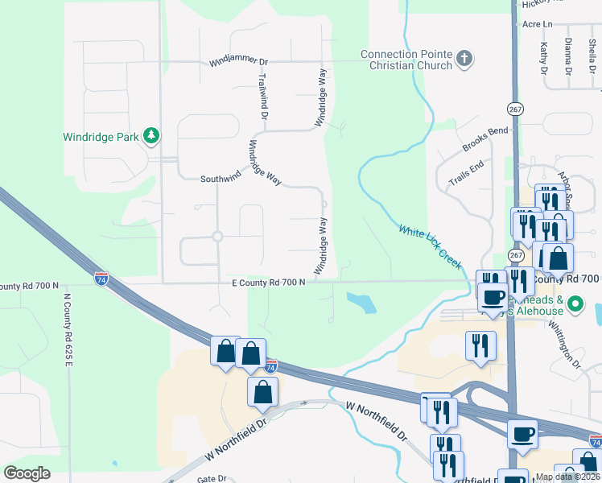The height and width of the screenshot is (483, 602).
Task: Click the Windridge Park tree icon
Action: [x=150, y=136]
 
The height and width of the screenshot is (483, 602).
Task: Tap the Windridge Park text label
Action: [x=101, y=137]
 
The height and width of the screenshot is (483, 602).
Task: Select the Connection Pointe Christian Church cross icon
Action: [x=464, y=59]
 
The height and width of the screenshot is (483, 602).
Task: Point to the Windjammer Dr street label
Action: [x=238, y=61]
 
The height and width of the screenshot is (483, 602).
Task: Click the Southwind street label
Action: [x=221, y=179]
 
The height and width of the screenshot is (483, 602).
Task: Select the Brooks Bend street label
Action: [x=485, y=140]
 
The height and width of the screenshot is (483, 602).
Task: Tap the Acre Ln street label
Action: [x=538, y=25]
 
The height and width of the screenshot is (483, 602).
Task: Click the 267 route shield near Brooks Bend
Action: [x=514, y=109]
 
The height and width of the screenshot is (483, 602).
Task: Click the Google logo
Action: [x=27, y=473]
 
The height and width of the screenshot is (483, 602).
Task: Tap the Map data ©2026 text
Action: [x=567, y=477]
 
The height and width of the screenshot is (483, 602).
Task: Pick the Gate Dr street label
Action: [x=212, y=478]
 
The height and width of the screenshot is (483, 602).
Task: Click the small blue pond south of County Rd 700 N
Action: [x=361, y=302]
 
